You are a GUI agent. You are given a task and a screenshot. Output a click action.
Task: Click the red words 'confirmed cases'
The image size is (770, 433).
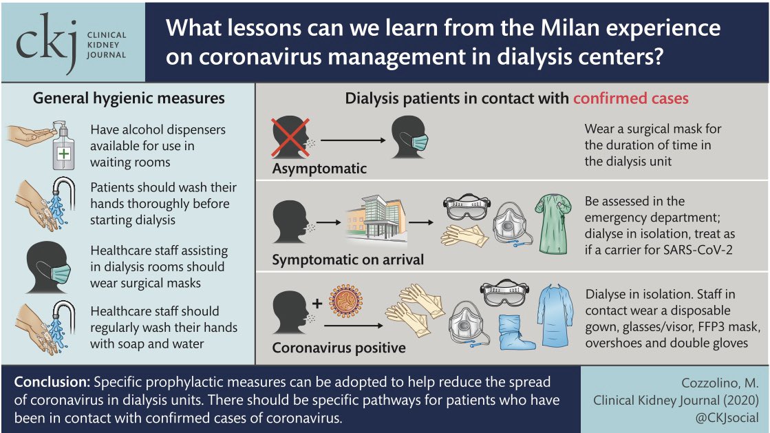coord(630,98)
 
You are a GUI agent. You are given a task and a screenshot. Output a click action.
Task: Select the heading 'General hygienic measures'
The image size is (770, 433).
coord(129,98)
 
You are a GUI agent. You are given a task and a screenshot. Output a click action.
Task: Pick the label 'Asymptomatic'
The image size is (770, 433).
coord(319,169)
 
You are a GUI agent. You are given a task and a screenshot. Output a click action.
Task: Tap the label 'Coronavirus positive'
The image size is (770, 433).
coord(339,348)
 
